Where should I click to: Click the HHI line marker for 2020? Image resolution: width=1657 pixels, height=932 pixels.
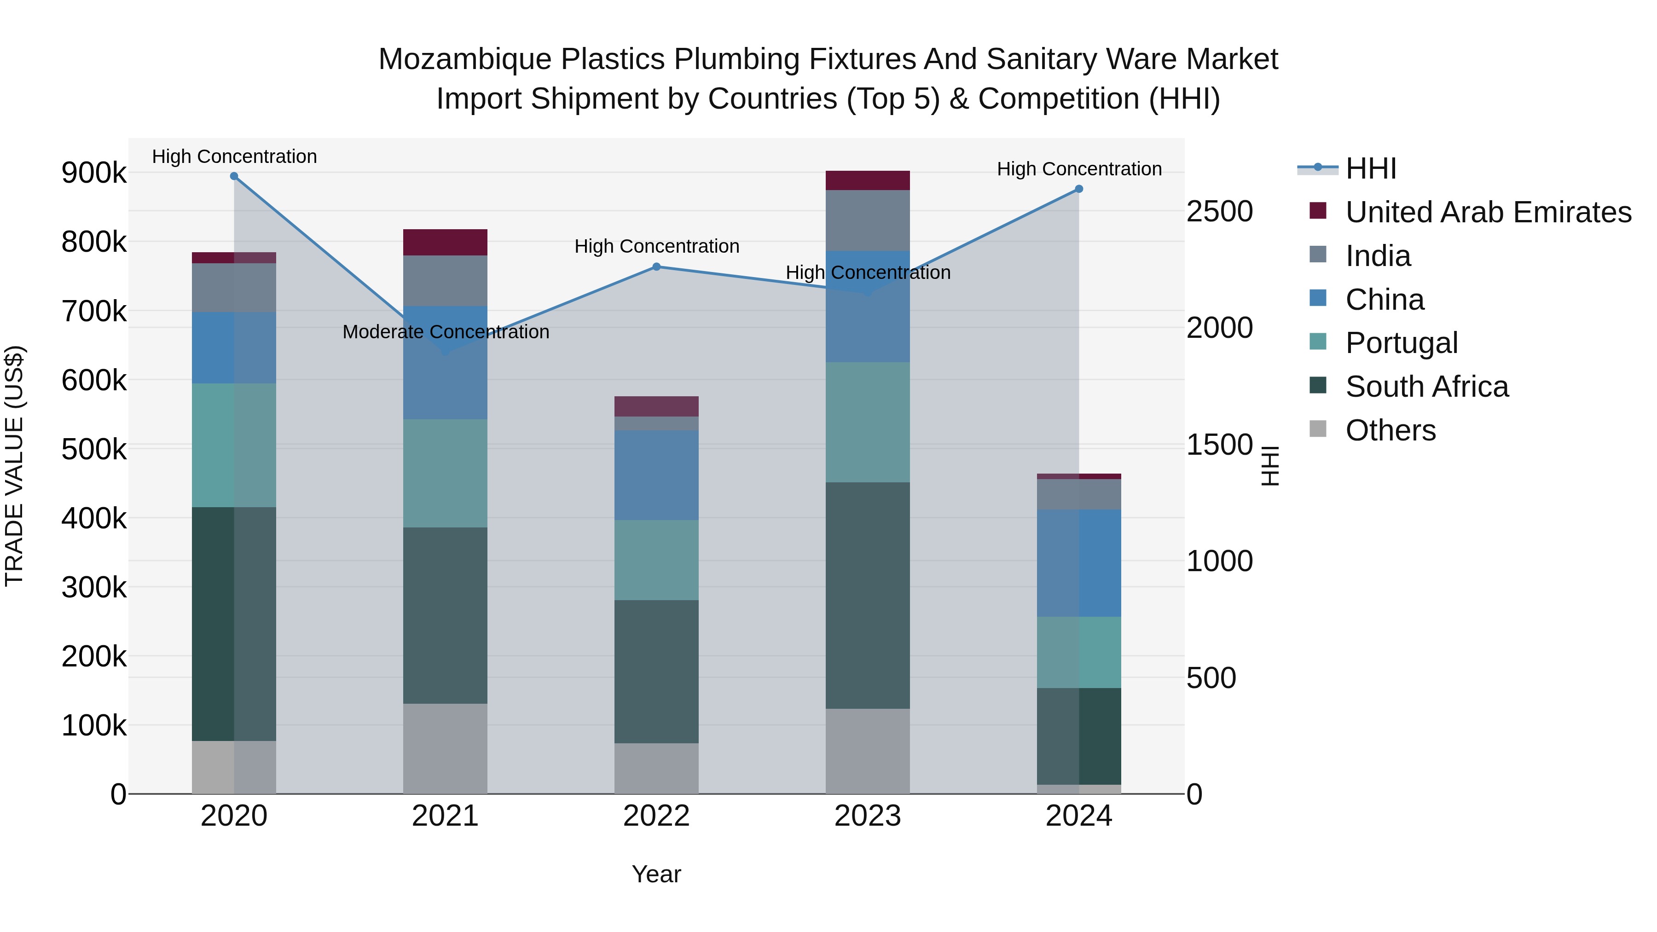(234, 176)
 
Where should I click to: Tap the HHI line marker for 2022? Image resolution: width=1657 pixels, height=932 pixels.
(657, 266)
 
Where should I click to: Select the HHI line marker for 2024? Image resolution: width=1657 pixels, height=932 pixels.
(1079, 189)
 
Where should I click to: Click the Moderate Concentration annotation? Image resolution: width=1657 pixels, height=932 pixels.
(446, 332)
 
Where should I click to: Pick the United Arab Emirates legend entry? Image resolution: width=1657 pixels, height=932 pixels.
(1488, 212)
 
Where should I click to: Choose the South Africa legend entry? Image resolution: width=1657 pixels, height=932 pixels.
(1427, 387)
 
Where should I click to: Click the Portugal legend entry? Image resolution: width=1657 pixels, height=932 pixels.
(1401, 343)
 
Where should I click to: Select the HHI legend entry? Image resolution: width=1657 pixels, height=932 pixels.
(1370, 168)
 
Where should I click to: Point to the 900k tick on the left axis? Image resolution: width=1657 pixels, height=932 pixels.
(94, 173)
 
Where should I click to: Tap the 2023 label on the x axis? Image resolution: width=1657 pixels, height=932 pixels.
(868, 816)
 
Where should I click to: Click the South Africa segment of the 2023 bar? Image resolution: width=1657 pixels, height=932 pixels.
(868, 595)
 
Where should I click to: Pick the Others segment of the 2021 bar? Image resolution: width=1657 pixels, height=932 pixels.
(445, 748)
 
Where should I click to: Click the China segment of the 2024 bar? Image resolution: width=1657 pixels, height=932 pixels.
(1079, 563)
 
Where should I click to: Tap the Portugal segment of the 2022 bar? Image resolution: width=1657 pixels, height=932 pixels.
(657, 560)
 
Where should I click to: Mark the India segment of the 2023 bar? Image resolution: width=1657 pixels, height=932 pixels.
(868, 220)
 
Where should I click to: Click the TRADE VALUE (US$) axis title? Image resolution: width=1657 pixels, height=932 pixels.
(15, 466)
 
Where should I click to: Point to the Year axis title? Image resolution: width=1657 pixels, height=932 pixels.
(656, 874)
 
